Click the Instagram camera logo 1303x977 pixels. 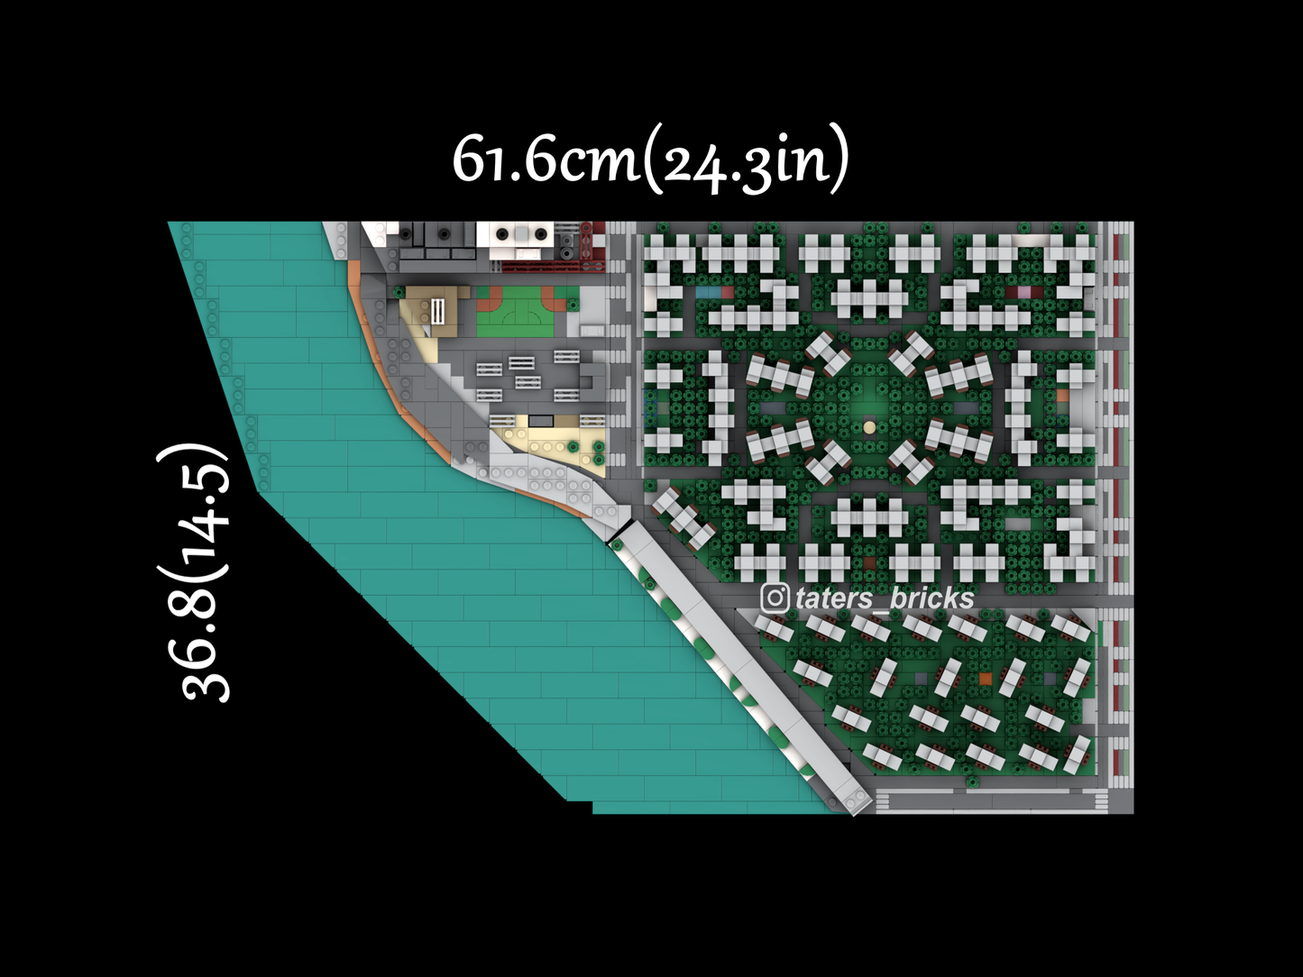[775, 598]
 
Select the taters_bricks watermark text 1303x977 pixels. [885, 598]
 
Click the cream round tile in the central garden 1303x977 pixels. [869, 427]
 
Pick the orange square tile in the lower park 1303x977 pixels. [986, 678]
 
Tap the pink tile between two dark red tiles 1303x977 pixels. [1025, 292]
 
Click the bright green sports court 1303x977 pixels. [515, 310]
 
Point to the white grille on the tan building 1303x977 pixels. [438, 311]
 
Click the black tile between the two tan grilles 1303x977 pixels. [541, 421]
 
